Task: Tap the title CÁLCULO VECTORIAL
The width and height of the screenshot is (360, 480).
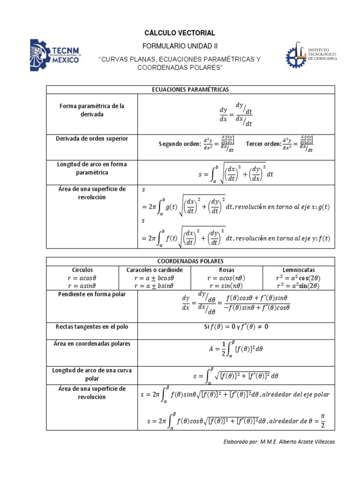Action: coord(180,33)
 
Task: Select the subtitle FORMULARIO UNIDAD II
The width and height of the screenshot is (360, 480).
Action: coord(180,46)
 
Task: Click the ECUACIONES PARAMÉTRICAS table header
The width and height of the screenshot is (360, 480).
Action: coord(190,90)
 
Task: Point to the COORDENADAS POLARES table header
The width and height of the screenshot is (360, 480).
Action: coord(190,261)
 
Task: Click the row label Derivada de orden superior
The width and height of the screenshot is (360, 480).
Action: coord(91,139)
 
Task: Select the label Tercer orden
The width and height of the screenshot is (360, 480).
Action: coord(262,143)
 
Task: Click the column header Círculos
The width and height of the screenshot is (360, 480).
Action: coord(82,270)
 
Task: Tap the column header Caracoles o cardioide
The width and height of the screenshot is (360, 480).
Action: coord(155,270)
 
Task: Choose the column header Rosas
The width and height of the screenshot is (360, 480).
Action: coord(226,270)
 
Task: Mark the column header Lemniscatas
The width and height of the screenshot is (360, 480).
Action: coord(299,270)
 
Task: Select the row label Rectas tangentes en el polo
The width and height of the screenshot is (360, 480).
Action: coord(91,326)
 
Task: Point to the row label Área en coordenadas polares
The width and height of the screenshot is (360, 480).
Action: coord(91,344)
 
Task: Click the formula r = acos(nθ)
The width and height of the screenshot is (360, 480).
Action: coord(226,277)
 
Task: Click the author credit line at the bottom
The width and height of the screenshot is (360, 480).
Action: coord(280,442)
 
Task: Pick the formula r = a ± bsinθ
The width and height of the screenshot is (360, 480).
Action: coord(154,285)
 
